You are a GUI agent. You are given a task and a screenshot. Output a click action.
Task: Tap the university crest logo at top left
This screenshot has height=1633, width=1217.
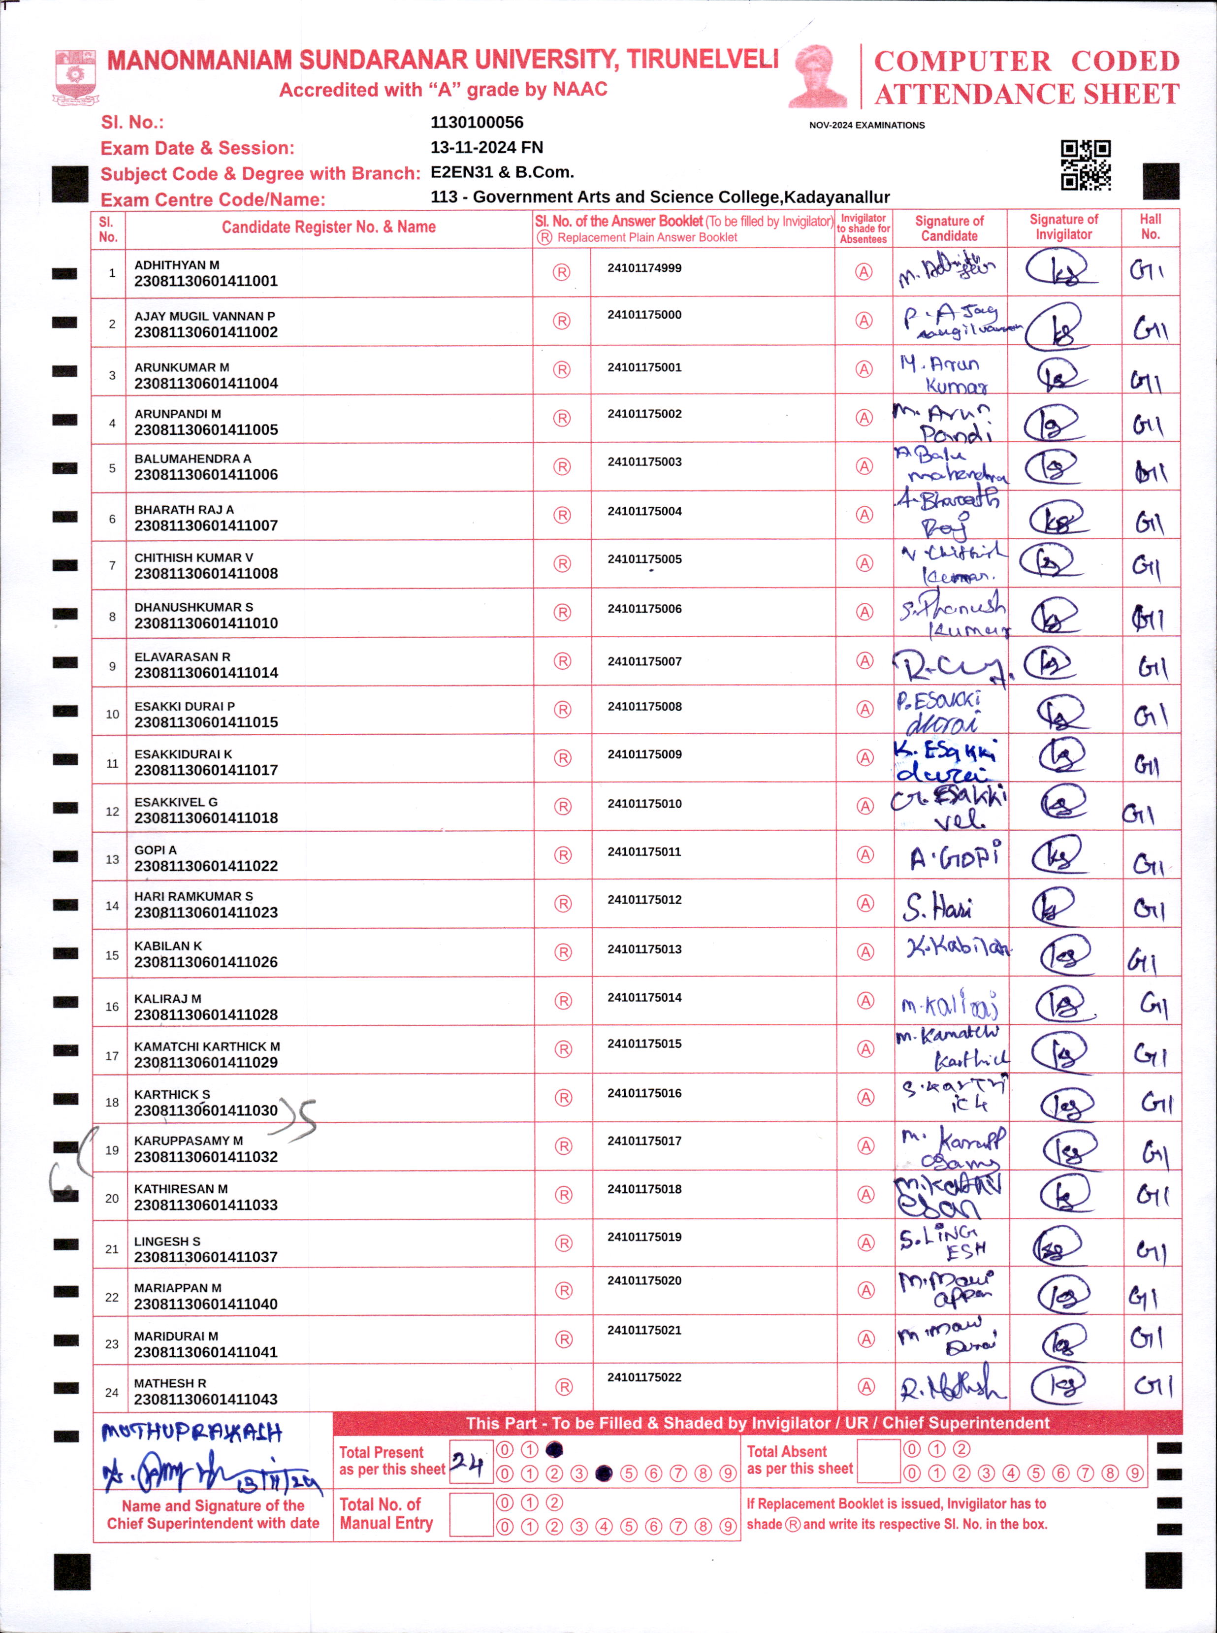(x=75, y=76)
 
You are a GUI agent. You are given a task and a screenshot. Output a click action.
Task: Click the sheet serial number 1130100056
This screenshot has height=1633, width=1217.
(x=477, y=122)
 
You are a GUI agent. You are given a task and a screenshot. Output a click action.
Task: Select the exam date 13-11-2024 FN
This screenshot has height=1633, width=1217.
(x=486, y=147)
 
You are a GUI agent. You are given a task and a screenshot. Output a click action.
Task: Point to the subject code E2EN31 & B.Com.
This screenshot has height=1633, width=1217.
(x=502, y=172)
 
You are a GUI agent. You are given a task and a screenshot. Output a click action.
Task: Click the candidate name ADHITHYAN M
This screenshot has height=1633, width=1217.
(x=177, y=264)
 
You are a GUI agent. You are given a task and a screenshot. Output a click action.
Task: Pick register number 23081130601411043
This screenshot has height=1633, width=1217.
(x=205, y=1399)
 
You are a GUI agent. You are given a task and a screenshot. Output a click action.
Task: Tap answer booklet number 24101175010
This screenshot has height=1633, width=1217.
(x=644, y=803)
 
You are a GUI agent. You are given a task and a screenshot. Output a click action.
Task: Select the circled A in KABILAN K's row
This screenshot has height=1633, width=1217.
(x=865, y=952)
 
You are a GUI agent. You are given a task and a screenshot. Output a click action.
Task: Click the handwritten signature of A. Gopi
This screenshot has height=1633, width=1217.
(x=956, y=857)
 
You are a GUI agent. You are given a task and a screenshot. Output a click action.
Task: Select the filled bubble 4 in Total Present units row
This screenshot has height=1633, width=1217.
(x=604, y=1473)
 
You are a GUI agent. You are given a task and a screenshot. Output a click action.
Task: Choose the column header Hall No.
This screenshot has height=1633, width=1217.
(x=1150, y=227)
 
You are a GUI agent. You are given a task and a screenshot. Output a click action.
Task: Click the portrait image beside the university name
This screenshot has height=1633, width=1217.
(x=818, y=76)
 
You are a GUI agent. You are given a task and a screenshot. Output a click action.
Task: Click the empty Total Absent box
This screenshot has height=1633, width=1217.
(x=878, y=1461)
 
